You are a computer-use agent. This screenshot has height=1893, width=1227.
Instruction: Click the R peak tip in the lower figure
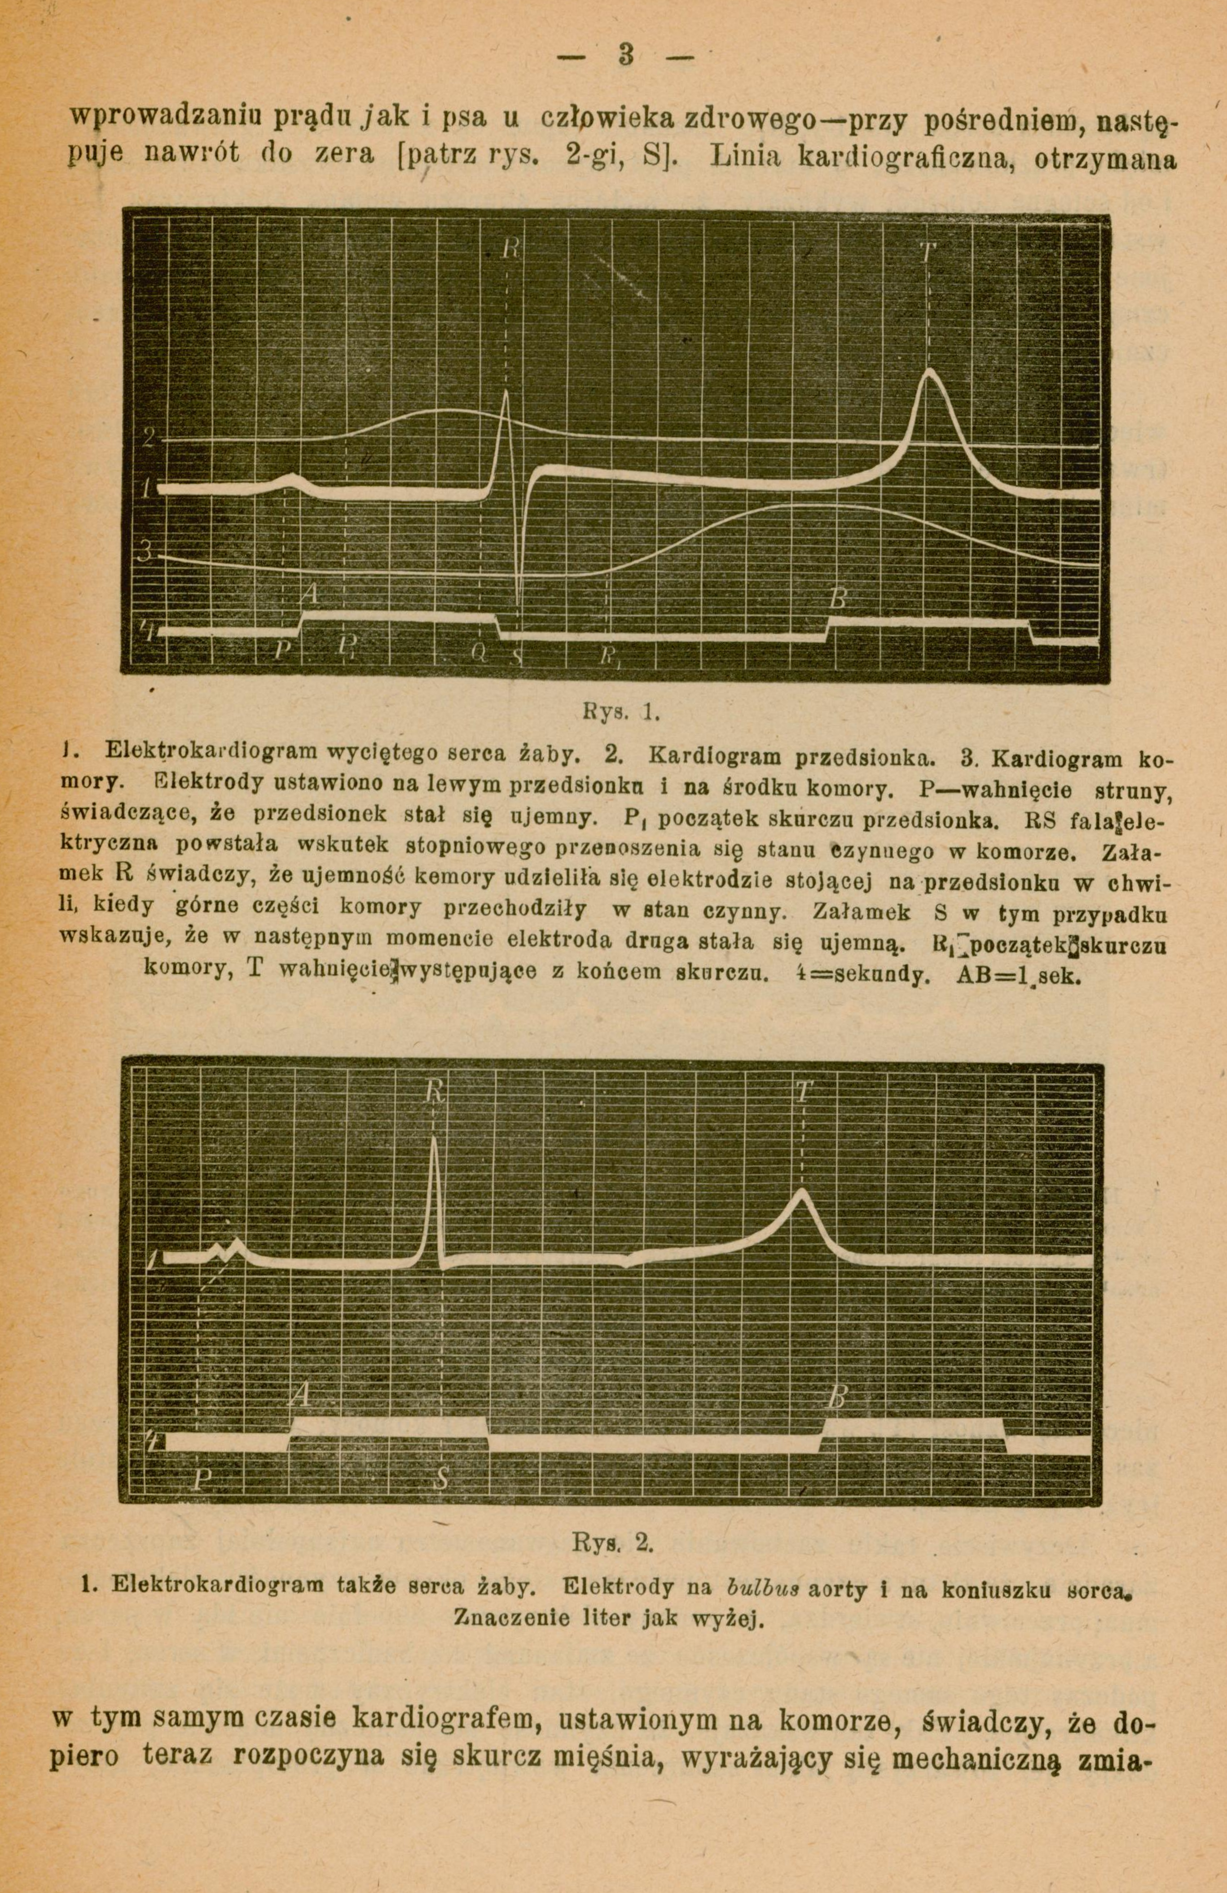click(x=434, y=1140)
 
